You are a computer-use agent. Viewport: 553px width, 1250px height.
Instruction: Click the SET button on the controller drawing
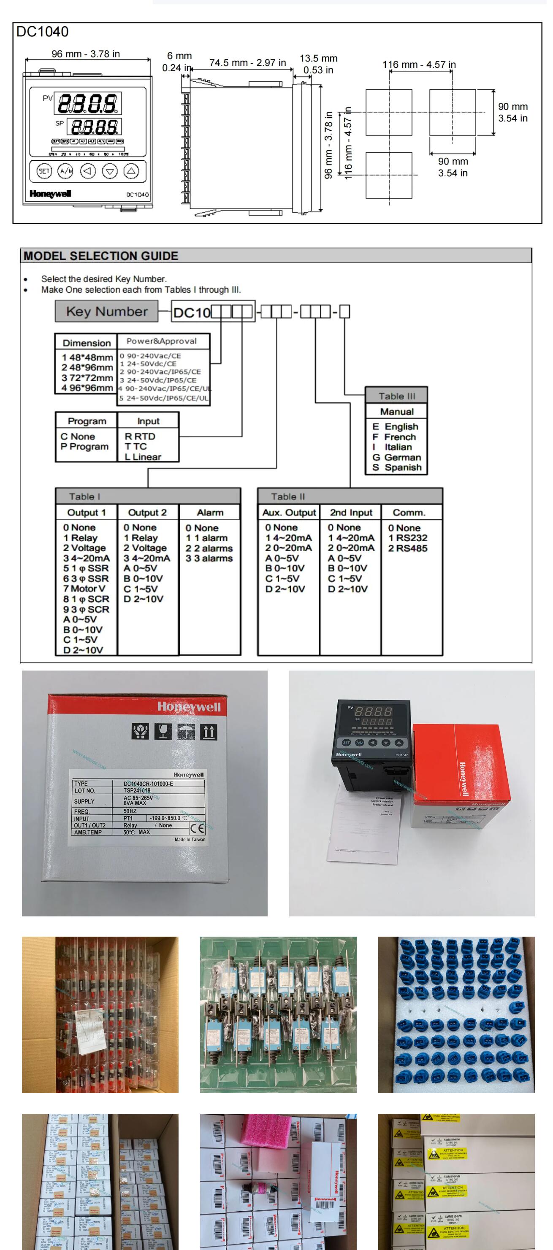44,171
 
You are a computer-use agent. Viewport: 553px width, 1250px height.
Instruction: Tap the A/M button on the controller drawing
65,171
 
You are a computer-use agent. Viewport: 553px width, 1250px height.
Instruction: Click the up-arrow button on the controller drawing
132,171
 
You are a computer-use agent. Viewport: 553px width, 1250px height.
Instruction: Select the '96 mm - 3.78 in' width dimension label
86,54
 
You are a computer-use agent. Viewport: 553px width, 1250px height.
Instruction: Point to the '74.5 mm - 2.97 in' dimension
248,62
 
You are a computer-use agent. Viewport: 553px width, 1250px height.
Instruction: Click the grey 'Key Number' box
107,312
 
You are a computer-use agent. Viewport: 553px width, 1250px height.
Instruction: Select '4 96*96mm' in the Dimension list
87,388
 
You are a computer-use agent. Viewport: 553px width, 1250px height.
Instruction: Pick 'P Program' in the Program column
84,447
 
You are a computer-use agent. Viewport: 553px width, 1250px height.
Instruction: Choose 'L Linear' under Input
143,457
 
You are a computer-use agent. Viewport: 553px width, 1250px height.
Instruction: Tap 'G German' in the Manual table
397,457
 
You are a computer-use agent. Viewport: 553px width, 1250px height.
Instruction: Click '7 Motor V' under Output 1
84,589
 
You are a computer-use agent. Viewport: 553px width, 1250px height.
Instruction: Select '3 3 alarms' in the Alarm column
209,558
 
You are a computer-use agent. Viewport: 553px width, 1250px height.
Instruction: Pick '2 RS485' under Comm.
408,548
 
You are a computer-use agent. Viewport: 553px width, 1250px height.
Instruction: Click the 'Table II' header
288,496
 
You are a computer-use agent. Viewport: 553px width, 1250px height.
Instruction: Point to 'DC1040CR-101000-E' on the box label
148,784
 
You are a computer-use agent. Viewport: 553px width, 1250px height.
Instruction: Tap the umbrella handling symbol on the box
186,731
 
